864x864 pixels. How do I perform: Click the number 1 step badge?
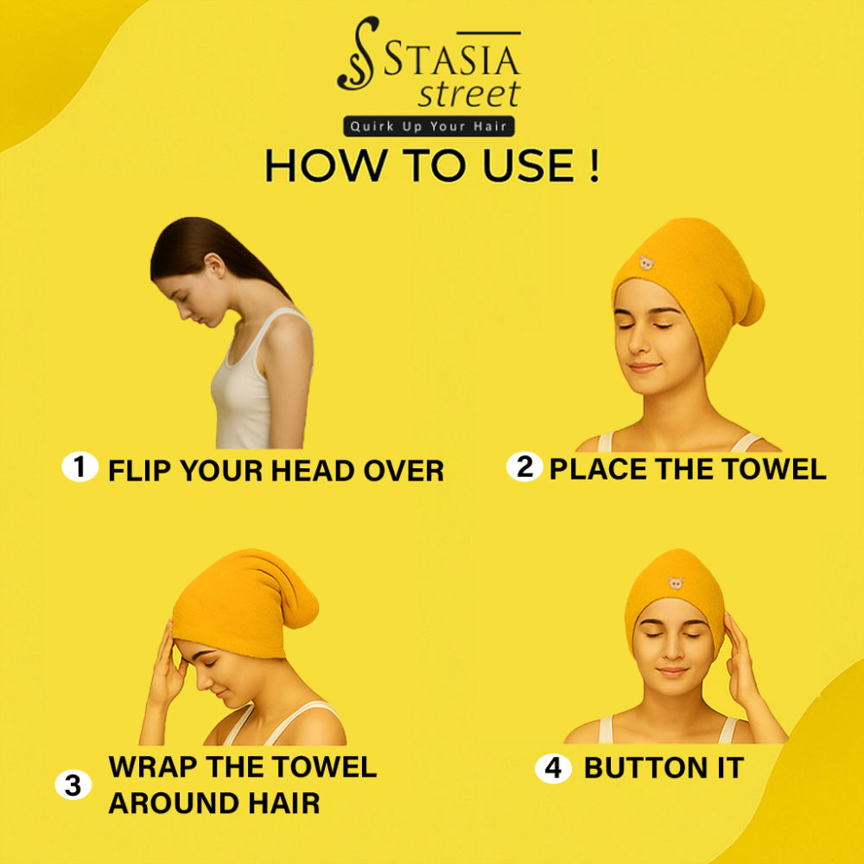(x=79, y=467)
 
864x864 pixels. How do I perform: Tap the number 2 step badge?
(x=524, y=467)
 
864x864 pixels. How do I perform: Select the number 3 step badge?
(x=73, y=785)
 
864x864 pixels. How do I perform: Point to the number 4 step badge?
(x=553, y=768)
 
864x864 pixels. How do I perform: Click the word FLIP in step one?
(x=141, y=471)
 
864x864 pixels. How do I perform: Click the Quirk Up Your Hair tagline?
(x=429, y=126)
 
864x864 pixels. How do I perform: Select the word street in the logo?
(x=469, y=93)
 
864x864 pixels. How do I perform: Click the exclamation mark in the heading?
(x=594, y=165)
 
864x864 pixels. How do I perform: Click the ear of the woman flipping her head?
(x=214, y=265)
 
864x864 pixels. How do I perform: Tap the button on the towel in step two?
(x=647, y=263)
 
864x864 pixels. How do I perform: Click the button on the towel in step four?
(x=676, y=583)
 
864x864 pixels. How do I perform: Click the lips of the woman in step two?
(x=644, y=367)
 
